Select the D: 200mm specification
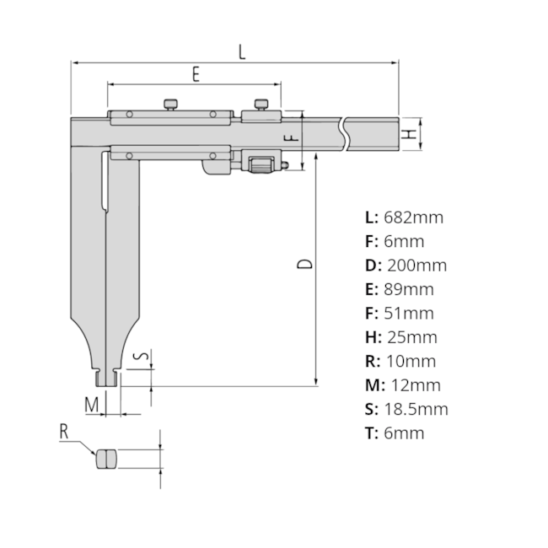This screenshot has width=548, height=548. pyautogui.click(x=406, y=266)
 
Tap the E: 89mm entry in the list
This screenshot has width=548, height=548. pyautogui.click(x=400, y=289)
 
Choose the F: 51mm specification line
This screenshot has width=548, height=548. pyautogui.click(x=400, y=314)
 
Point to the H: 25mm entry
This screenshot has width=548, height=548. pyautogui.click(x=400, y=337)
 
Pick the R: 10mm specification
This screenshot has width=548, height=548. pyautogui.click(x=400, y=362)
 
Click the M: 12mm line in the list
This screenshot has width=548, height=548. pyautogui.click(x=402, y=385)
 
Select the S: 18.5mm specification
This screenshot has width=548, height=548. pyautogui.click(x=406, y=410)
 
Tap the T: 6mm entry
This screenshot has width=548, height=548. pyautogui.click(x=395, y=433)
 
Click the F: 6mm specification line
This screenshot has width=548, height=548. pyautogui.click(x=395, y=241)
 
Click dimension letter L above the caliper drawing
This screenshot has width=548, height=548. pyautogui.click(x=242, y=51)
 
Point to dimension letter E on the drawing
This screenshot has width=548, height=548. pyautogui.click(x=195, y=74)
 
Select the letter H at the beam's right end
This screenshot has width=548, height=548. pyautogui.click(x=407, y=134)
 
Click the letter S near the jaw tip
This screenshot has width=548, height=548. pyautogui.click(x=144, y=357)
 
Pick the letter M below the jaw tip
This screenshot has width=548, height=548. pyautogui.click(x=92, y=405)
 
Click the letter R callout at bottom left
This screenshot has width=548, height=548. pyautogui.click(x=64, y=432)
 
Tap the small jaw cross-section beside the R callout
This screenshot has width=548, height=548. pyautogui.click(x=106, y=459)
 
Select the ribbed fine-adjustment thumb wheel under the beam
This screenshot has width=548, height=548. pyautogui.click(x=261, y=163)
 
